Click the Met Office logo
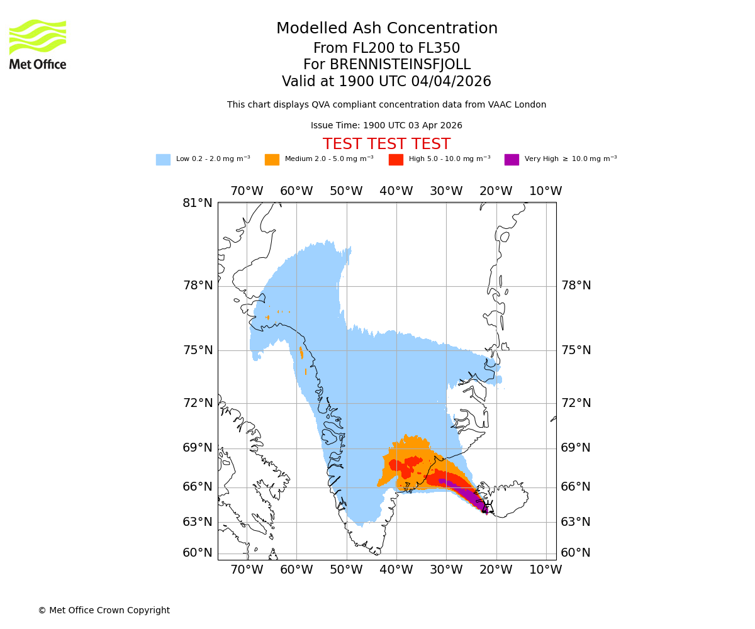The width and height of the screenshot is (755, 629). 38,44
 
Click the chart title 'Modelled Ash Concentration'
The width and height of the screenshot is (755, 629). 386,29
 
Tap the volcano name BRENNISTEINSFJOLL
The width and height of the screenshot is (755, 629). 386,65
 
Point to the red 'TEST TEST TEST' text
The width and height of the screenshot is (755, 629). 386,144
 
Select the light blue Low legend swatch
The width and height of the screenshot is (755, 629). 163,159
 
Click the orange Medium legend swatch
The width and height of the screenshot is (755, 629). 272,159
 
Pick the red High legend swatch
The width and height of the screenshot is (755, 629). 396,159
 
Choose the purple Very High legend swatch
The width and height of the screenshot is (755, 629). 512,159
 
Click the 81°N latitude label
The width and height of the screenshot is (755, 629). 198,203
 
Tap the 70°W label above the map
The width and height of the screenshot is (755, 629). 246,191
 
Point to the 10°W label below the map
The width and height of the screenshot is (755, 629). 545,570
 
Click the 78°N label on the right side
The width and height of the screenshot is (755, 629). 576,286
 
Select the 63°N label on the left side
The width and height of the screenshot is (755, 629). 198,522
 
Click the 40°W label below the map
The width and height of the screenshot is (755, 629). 396,570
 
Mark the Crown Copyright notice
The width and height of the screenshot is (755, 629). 104,610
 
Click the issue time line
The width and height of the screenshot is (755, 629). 386,125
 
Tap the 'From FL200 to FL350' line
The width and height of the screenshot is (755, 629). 386,48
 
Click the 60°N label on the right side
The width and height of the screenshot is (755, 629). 576,553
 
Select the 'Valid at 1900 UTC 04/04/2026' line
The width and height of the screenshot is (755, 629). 386,82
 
